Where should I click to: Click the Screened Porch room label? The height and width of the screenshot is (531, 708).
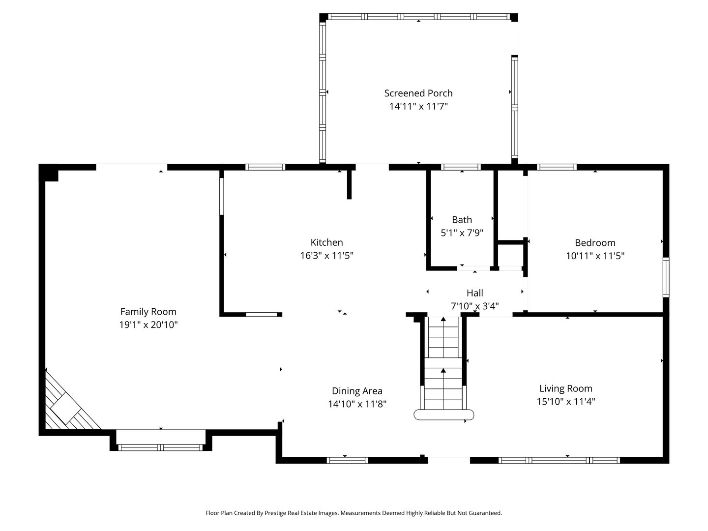418,93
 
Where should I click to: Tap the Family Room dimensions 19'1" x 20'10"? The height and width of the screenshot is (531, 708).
148,324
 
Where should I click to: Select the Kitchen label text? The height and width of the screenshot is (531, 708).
326,242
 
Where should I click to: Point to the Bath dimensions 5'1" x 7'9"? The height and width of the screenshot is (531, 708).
462,233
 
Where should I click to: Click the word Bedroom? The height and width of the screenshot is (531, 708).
595,242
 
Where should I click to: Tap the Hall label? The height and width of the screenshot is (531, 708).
475,293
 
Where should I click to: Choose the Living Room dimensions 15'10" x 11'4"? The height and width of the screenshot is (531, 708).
566,401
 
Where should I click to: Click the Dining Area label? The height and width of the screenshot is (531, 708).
357,391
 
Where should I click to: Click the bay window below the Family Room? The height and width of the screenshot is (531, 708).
161,447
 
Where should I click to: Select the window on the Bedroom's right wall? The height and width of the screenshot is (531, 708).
666,277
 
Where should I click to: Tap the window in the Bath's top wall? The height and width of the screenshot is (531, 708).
461,167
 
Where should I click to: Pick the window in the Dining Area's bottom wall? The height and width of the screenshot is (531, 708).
348,460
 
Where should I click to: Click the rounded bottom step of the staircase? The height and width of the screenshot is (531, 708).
443,414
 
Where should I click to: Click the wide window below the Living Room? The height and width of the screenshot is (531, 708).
559,460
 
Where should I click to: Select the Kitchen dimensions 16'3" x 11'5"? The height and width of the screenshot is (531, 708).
327,255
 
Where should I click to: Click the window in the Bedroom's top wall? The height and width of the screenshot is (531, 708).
557,167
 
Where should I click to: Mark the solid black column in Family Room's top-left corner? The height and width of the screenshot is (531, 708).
49,173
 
